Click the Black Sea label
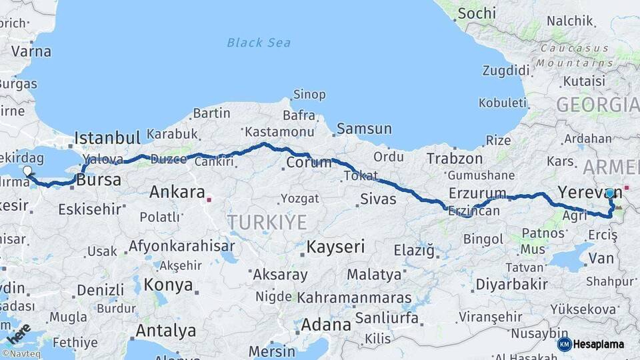(259, 43)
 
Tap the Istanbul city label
(107, 139)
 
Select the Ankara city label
(177, 193)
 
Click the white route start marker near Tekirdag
(27, 171)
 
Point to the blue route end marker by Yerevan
(610, 193)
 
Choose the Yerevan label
(589, 192)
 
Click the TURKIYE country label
(267, 222)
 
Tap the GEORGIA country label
(597, 105)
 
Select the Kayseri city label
(335, 247)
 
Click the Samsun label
(364, 129)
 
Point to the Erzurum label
(477, 193)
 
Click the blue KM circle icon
(564, 345)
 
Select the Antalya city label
(166, 331)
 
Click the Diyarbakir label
(512, 285)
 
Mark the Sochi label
(477, 13)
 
